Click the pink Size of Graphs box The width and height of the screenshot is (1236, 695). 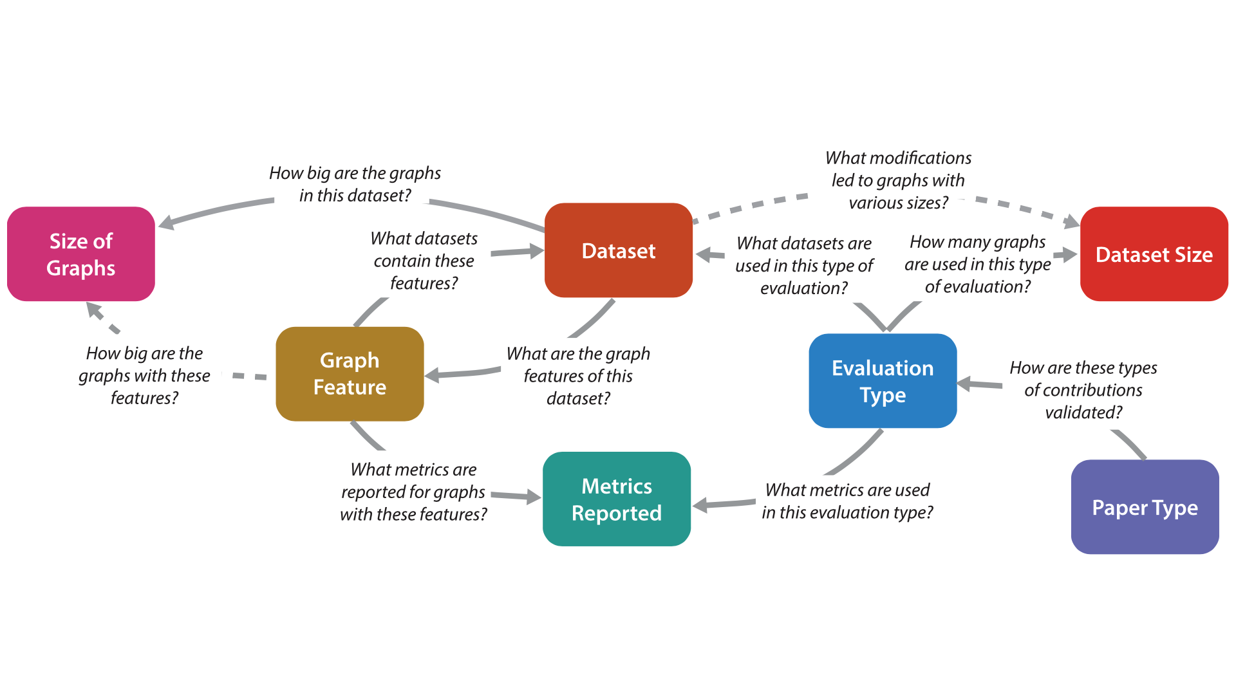tap(81, 254)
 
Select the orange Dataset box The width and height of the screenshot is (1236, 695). tap(618, 250)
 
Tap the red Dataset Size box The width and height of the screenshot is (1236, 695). tap(1154, 254)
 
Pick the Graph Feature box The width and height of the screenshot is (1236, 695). tap(350, 374)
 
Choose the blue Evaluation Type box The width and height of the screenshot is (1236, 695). tap(882, 381)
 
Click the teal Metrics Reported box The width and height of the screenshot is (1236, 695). tap(616, 499)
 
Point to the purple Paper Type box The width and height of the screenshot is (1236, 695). tap(1145, 507)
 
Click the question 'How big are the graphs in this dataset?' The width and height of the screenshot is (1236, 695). tap(355, 184)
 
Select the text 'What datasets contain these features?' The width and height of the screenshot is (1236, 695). tap(424, 261)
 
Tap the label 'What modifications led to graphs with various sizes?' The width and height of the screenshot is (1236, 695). tap(898, 180)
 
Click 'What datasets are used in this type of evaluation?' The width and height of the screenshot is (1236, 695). tap(804, 265)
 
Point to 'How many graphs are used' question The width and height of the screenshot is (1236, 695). tap(977, 264)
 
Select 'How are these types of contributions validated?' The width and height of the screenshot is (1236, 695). tap(1083, 390)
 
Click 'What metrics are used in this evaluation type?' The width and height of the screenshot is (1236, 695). tap(847, 501)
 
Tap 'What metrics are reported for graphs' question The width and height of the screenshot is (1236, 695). tap(413, 492)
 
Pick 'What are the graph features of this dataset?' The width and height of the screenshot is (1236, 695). tap(577, 376)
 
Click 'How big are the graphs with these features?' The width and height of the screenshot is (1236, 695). tap(144, 375)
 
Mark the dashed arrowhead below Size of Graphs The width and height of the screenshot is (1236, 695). tap(95, 311)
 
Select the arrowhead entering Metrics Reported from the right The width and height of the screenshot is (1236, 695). tap(700, 505)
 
